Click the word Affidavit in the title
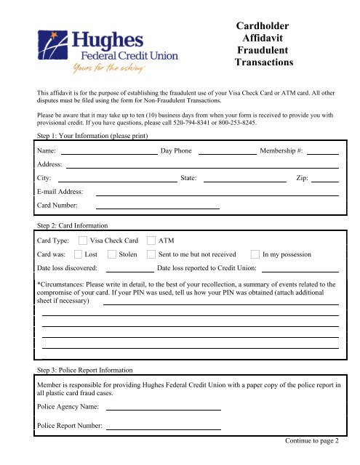point(263,39)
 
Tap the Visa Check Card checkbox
point(83,240)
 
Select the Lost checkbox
point(78,255)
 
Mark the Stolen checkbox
point(112,255)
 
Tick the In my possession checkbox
point(255,255)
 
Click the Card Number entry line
point(157,209)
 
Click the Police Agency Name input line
point(163,410)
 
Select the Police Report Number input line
point(163,429)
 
